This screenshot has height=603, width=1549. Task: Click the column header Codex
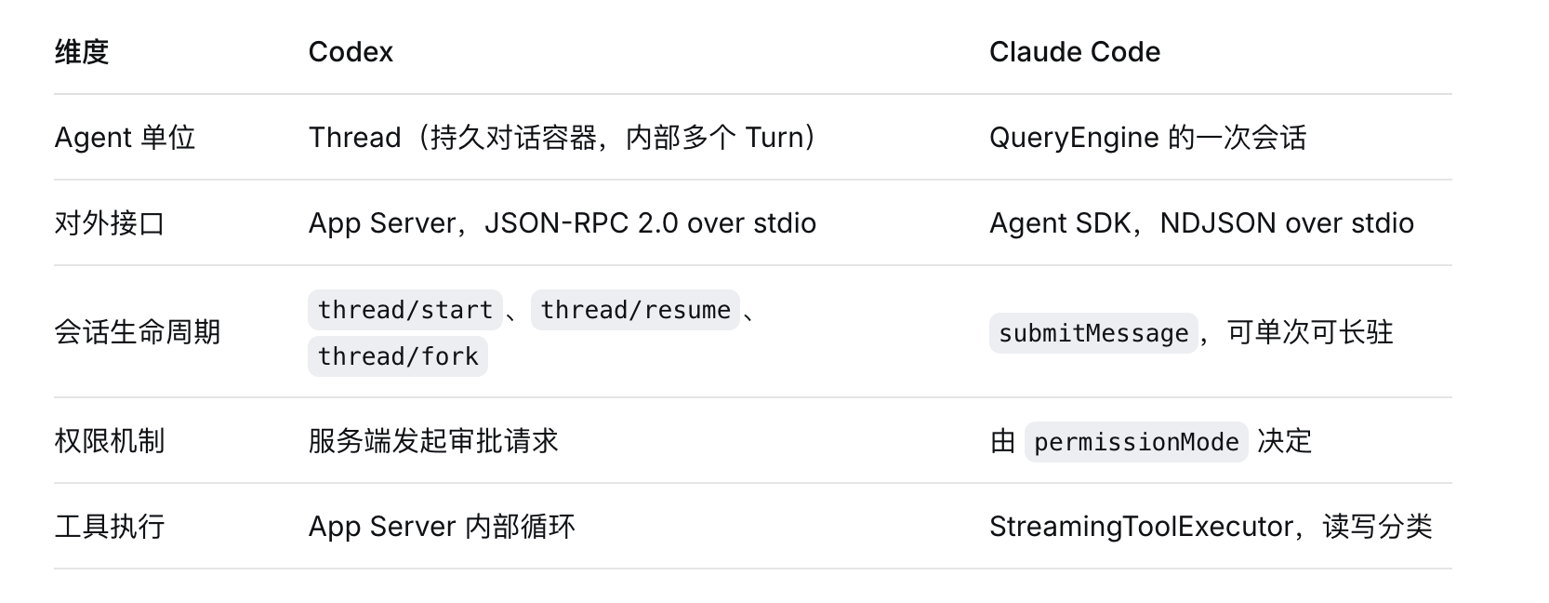point(351,52)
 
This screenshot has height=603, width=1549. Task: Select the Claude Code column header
point(1075,52)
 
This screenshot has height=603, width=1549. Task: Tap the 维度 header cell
point(82,52)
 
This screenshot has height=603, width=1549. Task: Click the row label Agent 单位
point(125,138)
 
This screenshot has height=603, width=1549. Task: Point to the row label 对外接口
point(110,223)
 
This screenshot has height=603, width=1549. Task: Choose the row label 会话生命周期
point(137,332)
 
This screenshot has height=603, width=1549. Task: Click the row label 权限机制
point(110,441)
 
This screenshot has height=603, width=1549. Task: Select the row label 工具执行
point(110,527)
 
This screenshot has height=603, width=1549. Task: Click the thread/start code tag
point(405,310)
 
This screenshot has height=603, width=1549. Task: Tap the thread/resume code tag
point(636,310)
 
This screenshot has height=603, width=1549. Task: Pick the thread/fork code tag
point(398,356)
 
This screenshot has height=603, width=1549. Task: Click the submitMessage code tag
point(1093,333)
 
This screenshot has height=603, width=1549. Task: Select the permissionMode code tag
point(1136,442)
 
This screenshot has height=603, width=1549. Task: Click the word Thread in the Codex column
point(355,138)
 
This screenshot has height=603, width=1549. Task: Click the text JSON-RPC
point(557,223)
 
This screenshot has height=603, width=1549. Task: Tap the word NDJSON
point(1218,223)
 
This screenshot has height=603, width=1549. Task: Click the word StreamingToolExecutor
point(1142,527)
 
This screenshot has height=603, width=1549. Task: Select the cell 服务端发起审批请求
point(433,441)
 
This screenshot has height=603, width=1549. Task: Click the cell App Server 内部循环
point(442,527)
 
